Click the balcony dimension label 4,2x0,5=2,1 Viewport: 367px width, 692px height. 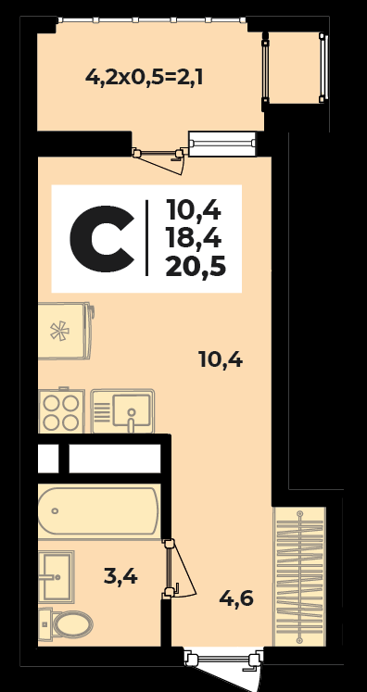coord(144,78)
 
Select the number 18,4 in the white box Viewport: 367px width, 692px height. coord(194,239)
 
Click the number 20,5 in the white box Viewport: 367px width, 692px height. coord(196,267)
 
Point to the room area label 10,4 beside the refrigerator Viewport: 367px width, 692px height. coord(221,360)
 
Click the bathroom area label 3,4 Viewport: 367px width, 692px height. coord(120,576)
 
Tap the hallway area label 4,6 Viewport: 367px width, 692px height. coord(236,598)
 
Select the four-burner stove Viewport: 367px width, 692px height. coord(61,410)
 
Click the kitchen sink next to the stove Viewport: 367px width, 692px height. coord(122,411)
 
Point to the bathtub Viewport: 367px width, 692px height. coord(98,511)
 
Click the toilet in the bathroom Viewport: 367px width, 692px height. coord(66,624)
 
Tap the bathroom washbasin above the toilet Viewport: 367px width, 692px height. coord(56,576)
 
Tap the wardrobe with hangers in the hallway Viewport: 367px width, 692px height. coord(300,577)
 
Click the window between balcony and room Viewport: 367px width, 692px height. coord(222,144)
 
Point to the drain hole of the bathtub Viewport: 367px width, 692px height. coord(56,511)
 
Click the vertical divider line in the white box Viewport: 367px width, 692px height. coord(146,238)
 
